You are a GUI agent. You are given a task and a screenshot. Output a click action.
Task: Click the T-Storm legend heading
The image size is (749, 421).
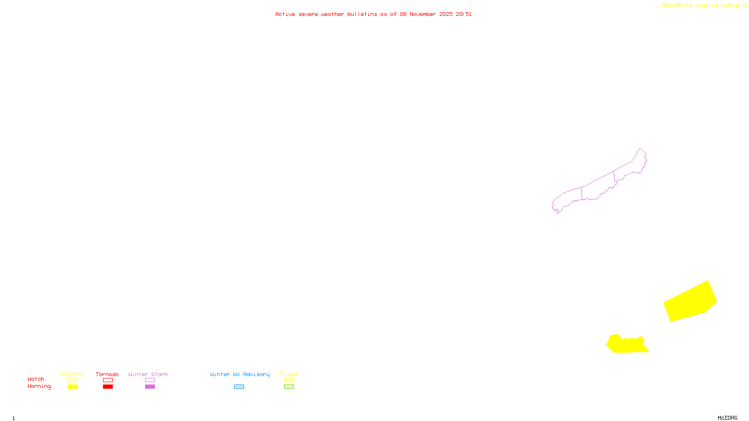point(72,374)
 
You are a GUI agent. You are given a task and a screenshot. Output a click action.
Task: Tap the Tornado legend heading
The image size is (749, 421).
point(107,374)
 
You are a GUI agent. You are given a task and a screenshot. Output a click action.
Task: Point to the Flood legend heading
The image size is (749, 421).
point(289,374)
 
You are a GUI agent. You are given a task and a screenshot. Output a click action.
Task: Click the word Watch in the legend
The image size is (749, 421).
point(36,379)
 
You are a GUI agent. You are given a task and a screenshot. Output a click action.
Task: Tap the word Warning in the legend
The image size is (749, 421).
point(39,386)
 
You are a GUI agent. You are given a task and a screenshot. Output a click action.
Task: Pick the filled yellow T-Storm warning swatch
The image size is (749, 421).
point(73,387)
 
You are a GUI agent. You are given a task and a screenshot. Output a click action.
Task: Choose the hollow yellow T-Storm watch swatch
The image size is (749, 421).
point(73,380)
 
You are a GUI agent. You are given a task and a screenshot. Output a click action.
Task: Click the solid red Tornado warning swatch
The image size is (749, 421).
point(108,387)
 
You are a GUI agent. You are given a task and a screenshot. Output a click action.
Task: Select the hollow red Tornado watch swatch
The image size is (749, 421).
point(108,380)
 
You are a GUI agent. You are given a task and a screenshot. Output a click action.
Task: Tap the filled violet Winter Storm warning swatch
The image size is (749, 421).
point(150,387)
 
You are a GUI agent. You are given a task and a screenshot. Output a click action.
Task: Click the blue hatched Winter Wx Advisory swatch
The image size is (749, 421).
point(239,387)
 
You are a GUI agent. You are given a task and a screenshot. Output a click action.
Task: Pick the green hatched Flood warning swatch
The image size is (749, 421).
point(289,387)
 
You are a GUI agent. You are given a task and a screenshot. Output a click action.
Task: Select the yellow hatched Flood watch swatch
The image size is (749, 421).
point(289,380)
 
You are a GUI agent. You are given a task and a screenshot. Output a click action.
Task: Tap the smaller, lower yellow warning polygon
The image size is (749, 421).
point(627,345)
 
